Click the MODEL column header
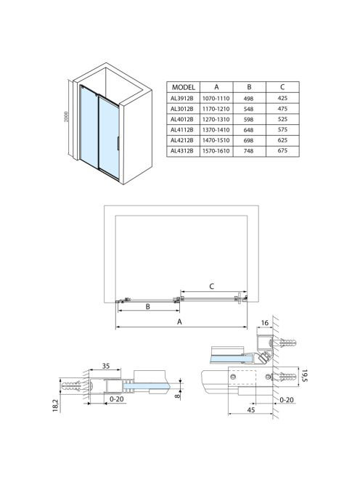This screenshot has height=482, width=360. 183,87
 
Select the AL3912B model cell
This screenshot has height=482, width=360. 182,99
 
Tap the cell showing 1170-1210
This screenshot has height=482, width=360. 216,109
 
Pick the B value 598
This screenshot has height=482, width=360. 248,119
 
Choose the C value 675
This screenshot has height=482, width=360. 282,151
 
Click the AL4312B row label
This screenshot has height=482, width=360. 182,151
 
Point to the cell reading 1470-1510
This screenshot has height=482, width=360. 216,140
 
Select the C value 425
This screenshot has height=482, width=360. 282,98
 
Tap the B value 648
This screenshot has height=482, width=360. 248,130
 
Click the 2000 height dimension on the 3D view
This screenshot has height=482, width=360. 66,116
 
